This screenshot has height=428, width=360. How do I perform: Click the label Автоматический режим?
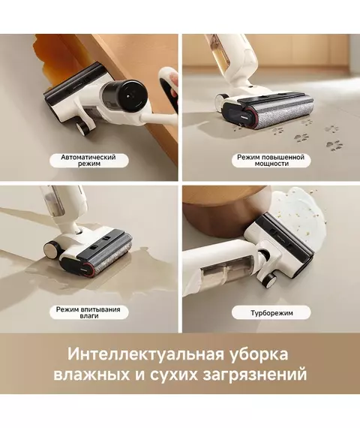[88, 161]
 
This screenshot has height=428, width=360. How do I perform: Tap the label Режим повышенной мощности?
[271, 161]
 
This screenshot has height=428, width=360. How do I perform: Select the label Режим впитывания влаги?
[88, 312]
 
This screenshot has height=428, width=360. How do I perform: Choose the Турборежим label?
[271, 312]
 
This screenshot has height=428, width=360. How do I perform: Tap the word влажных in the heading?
[91, 375]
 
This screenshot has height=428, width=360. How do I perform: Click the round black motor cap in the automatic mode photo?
[133, 95]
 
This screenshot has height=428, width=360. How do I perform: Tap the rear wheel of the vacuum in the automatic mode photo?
[83, 128]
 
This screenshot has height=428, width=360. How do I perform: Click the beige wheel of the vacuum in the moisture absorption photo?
[52, 249]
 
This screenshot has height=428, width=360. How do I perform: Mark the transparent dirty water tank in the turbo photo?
[229, 273]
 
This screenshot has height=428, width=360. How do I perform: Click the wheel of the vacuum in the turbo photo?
[271, 279]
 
